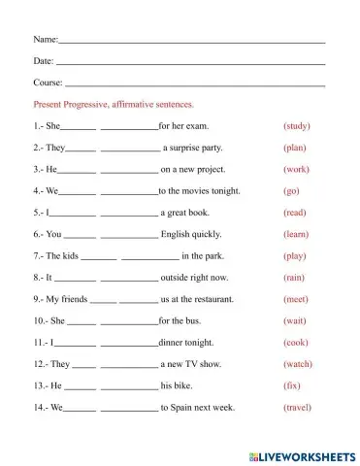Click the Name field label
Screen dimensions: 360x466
point(46,40)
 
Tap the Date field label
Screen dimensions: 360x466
point(44,61)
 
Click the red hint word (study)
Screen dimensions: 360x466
point(296,126)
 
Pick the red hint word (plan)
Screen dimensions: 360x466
point(295,148)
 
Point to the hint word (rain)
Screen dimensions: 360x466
point(295,278)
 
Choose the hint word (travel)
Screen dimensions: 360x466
point(298,408)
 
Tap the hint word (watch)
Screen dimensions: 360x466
point(297,364)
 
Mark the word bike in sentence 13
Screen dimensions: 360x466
point(190,385)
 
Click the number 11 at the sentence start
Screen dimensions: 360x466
point(40,343)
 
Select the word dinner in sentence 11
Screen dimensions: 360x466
point(172,343)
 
